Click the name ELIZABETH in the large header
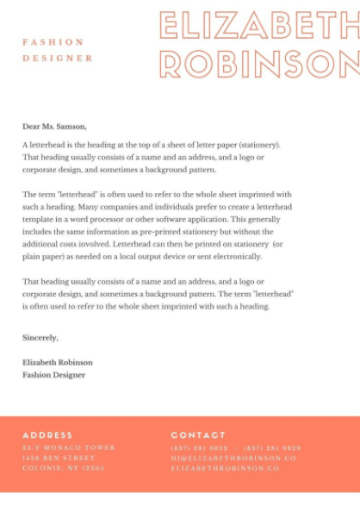tap(258, 25)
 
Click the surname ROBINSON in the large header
tap(259, 63)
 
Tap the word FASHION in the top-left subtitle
tap(53, 41)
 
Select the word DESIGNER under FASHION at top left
tap(58, 58)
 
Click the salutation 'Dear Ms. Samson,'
tap(54, 127)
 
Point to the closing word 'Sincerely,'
tap(40, 337)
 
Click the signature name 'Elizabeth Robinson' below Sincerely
tap(58, 362)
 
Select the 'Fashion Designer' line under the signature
tap(53, 375)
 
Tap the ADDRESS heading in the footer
tap(47, 435)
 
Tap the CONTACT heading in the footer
tap(198, 435)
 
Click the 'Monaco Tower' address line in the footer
tap(69, 448)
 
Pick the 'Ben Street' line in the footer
tap(59, 459)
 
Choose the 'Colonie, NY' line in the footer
tap(63, 468)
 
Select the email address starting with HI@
tap(233, 459)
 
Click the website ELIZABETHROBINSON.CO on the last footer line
tap(225, 468)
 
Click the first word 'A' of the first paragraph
tap(25, 145)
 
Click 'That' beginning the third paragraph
tap(31, 281)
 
